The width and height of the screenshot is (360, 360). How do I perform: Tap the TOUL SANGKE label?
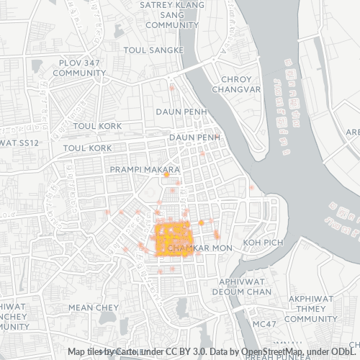click(153, 50)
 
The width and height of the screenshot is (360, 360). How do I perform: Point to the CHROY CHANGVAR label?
click(232, 84)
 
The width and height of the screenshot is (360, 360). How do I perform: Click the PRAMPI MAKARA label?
click(144, 169)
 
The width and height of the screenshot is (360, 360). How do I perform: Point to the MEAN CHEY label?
click(93, 307)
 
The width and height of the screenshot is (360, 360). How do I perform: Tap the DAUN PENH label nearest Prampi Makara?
click(193, 137)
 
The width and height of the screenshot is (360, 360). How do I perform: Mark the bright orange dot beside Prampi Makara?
click(166, 175)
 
